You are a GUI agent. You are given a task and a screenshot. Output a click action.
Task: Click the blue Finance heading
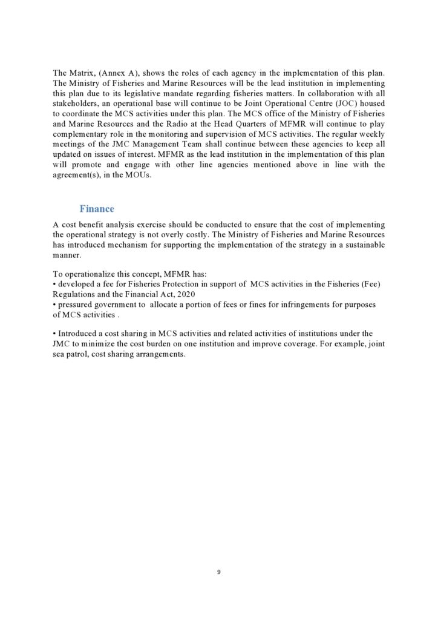(x=97, y=209)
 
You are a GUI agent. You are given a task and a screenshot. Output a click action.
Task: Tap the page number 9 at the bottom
(x=219, y=572)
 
